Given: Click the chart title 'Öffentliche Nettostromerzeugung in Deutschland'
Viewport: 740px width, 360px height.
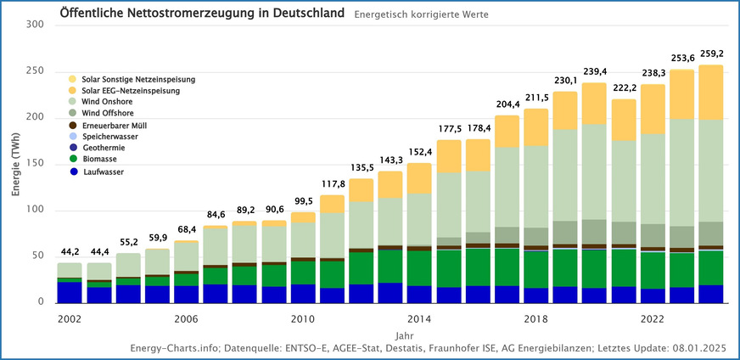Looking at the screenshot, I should (201, 14).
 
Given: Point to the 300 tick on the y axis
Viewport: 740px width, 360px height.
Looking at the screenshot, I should (35, 25).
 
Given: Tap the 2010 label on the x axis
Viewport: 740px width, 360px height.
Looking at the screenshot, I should (303, 319).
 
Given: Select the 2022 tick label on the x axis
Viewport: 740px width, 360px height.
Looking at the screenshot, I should (653, 319).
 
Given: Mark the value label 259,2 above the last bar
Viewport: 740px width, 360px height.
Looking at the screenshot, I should (711, 54).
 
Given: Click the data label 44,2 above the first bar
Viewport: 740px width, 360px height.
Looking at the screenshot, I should (70, 253).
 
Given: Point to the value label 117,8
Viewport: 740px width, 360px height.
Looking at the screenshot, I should (333, 185).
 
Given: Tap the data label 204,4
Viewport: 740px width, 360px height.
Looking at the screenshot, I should (507, 105).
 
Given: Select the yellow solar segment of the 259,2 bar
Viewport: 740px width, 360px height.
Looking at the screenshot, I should (711, 93).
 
